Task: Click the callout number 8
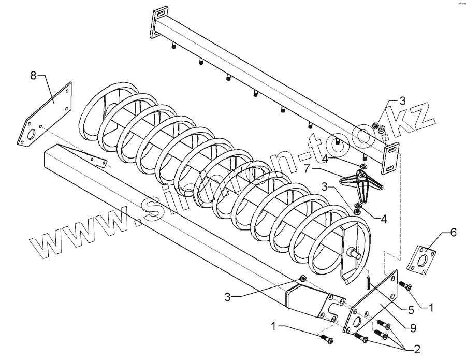coord(33,76)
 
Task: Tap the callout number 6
coord(453,234)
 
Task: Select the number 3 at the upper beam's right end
coord(402,101)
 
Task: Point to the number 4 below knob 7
coord(383,219)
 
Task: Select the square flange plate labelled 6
coord(420,258)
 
